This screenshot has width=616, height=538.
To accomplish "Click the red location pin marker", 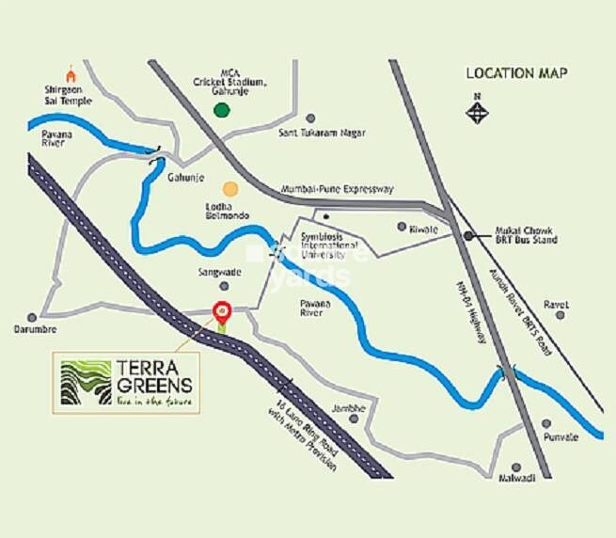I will pos(222,309).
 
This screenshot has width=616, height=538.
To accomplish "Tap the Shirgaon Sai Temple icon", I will pos(69,71).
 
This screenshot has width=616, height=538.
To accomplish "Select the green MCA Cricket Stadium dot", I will pos(222,110).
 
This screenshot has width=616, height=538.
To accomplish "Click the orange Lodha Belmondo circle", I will pos(230,189).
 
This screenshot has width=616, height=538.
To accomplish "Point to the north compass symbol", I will pos(481,110).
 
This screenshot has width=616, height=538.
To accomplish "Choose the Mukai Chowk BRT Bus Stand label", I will pos(526,234).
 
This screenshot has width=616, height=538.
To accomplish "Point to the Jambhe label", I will pos(345,407).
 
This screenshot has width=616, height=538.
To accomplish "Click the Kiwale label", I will pos(424,227).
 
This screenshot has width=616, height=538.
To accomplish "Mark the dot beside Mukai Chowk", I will pos(467,235).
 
